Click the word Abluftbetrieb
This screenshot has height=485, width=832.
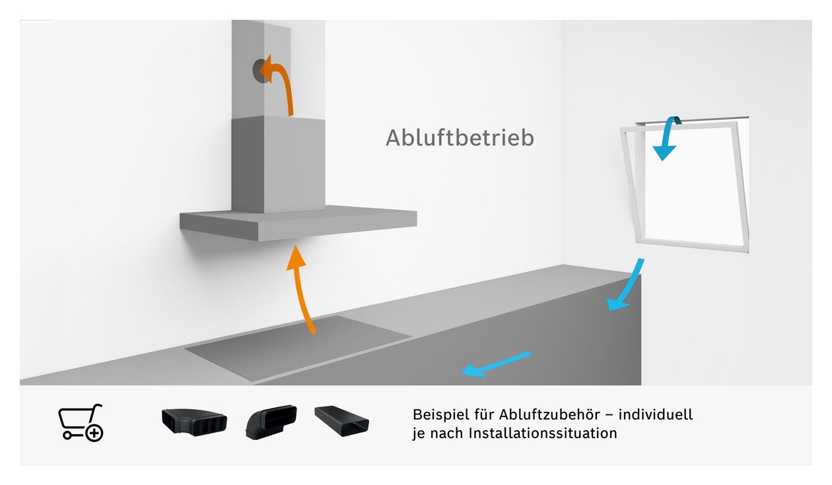point(460,138)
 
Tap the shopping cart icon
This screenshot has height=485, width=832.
point(81,423)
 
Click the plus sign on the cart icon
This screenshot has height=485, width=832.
point(94,433)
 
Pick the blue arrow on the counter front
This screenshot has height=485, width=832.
point(497,364)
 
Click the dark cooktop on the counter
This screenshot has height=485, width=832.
point(298,348)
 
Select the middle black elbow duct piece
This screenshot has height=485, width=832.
point(271,422)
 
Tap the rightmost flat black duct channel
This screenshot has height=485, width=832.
point(342,421)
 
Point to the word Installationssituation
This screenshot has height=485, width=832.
point(543,433)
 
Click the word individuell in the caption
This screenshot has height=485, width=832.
point(656,414)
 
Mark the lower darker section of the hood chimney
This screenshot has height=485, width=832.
point(278,164)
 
